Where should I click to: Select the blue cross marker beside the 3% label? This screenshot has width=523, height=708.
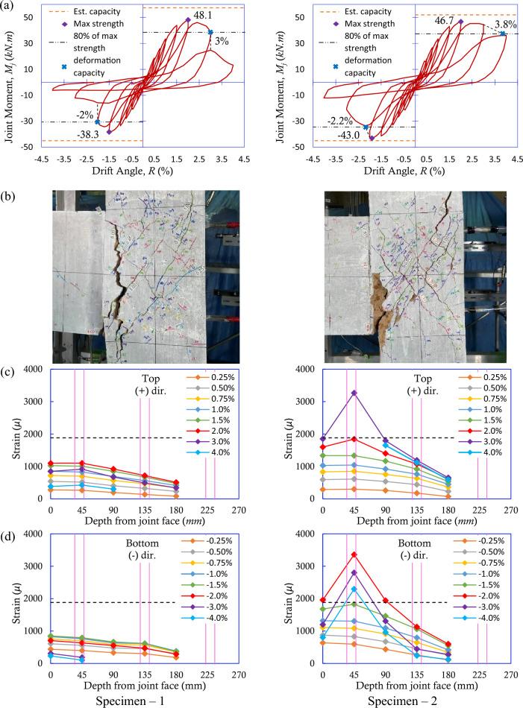point(211,32)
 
